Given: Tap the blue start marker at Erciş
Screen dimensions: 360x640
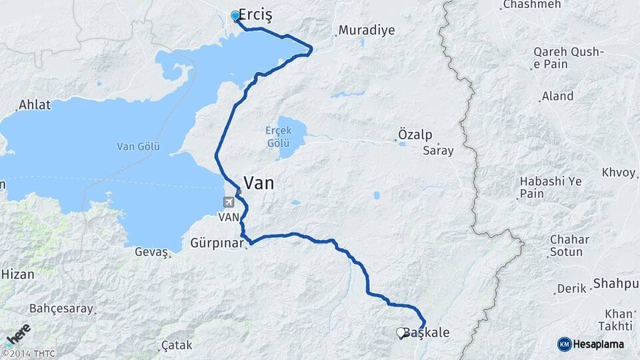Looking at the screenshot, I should coord(235,15).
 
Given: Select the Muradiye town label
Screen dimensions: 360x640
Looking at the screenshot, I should coord(367,31).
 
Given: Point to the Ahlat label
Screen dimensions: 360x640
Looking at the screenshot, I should coord(34,105).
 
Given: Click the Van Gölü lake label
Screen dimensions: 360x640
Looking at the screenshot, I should coord(138,147).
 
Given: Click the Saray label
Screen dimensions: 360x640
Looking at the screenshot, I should coord(438,151).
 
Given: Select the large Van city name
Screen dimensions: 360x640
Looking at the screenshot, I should coord(259,183).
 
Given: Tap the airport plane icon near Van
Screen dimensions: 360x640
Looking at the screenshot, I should coord(229,202).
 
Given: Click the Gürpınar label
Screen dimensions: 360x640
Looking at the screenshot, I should coord(217,243).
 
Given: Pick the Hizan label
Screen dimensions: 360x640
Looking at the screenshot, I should coord(17,273).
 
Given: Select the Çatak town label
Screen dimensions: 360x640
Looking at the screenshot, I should coord(177,345).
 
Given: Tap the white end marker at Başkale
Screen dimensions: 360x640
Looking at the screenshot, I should coord(401,332).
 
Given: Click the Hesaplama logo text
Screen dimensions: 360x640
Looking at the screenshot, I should coord(599,344).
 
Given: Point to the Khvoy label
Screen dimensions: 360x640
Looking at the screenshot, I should coord(618,172).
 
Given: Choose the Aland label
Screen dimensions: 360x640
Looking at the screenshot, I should coord(557,96).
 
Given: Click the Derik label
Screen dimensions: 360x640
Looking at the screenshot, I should coord(572,288).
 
